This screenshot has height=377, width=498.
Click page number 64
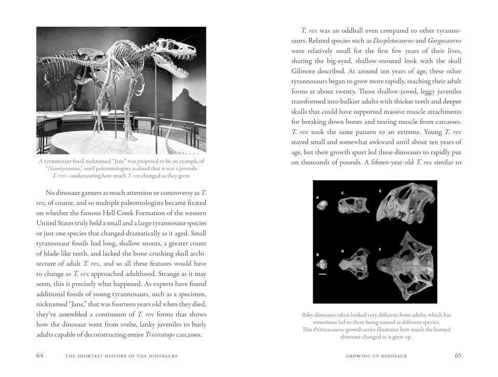coord(40,356)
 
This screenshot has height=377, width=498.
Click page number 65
coord(458,356)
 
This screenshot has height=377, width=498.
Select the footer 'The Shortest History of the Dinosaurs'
coord(122,356)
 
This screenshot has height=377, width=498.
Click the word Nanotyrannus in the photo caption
coord(65,168)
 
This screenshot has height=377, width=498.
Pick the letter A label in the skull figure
coord(319,197)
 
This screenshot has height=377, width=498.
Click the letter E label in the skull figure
coord(380,192)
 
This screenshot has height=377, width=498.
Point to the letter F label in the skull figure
coord(380,251)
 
